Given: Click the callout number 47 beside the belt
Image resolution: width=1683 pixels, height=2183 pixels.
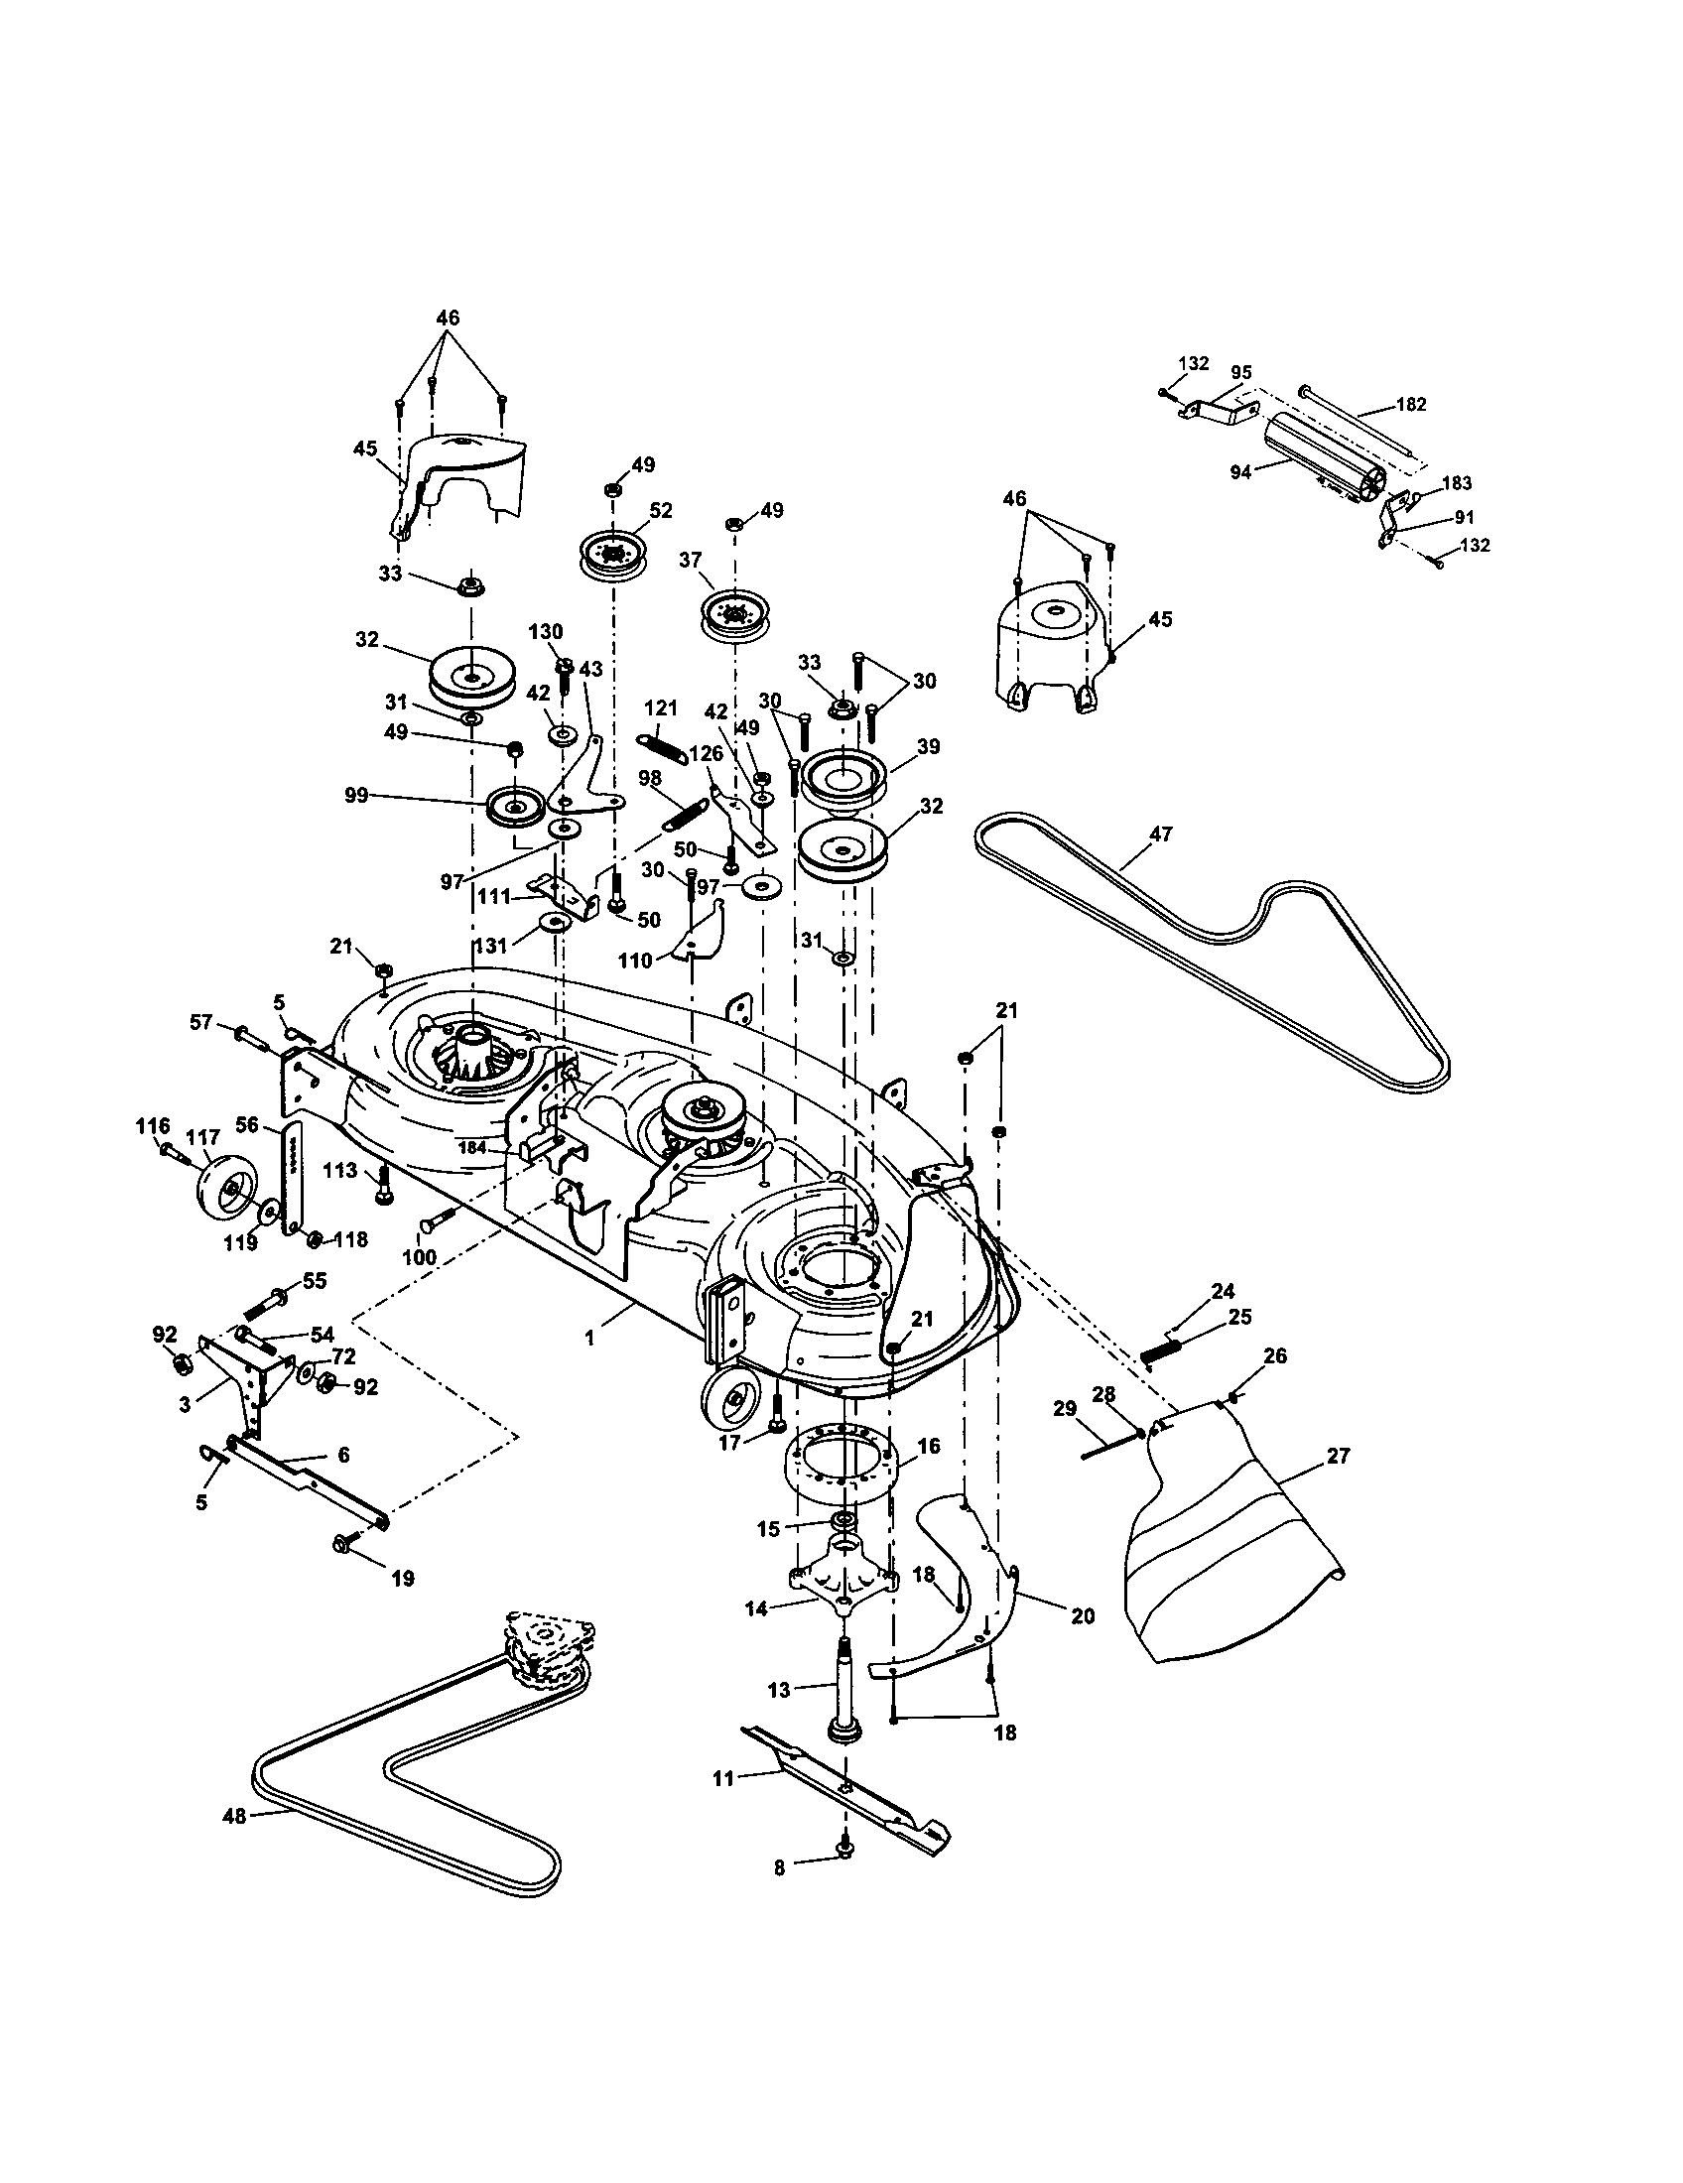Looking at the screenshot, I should [x=1160, y=834].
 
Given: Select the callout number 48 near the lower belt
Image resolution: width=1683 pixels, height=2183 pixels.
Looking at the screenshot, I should [x=233, y=1816].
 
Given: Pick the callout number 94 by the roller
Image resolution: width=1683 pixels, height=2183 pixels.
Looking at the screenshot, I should [x=1240, y=472].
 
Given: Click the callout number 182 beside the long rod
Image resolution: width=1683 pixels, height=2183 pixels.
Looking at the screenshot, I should [x=1411, y=404].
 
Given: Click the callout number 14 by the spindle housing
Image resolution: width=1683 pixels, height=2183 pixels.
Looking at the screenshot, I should [x=756, y=1609].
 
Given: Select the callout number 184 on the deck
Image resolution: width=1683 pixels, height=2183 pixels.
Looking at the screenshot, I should [x=472, y=1147].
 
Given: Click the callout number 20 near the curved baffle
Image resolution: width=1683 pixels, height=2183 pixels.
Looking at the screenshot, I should [x=1083, y=1615].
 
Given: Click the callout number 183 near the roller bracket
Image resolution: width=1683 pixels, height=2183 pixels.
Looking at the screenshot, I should [x=1457, y=483].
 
